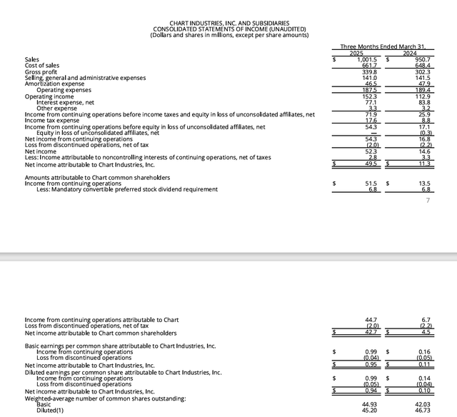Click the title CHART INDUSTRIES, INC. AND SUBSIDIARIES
coord(229,23)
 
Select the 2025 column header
coord(356,52)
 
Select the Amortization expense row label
coord(56,84)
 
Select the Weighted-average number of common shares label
coord(105,398)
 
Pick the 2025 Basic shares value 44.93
coord(368,404)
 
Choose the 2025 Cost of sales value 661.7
coord(369,66)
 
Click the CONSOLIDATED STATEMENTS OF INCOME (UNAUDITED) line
coord(229,29)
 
